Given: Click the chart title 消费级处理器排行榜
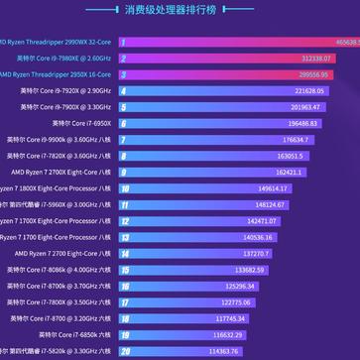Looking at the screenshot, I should (x=180, y=11).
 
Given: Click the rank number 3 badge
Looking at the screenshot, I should (x=124, y=74).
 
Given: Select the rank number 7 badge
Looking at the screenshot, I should (x=124, y=140).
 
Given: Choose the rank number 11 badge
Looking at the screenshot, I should (x=124, y=204).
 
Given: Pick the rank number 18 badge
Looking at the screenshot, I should (x=124, y=318).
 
